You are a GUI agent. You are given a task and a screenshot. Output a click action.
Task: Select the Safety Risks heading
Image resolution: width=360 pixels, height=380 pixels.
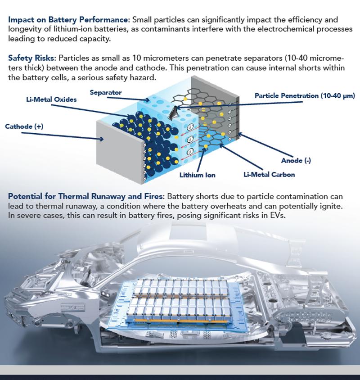(x=32, y=58)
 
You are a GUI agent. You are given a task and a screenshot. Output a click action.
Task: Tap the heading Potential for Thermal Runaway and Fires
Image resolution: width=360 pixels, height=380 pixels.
(x=86, y=196)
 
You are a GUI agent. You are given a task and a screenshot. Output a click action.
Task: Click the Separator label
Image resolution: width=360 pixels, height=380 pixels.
(x=106, y=92)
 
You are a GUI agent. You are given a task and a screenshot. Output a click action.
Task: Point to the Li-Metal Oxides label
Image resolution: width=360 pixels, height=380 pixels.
(x=51, y=100)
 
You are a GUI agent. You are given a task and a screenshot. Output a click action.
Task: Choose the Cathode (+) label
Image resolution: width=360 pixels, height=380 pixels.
(x=24, y=127)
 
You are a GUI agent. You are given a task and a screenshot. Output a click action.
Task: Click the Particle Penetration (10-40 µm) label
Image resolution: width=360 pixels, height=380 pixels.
(x=305, y=96)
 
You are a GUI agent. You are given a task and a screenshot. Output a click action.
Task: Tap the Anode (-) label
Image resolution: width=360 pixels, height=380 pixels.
(x=296, y=160)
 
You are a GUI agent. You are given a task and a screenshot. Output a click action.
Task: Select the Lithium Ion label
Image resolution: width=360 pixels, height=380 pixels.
(x=198, y=175)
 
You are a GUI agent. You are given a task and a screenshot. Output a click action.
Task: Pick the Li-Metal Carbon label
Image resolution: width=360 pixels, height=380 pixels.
(x=269, y=175)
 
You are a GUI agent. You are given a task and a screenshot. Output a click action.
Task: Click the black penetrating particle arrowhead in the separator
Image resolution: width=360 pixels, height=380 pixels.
(x=173, y=113)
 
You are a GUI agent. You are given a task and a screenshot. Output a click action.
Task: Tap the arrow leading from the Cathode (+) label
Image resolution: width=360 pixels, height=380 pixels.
(x=63, y=136)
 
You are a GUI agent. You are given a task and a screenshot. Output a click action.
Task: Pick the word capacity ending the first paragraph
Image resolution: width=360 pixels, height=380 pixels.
(x=95, y=39)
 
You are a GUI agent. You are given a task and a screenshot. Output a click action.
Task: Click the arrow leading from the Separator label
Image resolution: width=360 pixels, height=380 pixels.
(x=128, y=99)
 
